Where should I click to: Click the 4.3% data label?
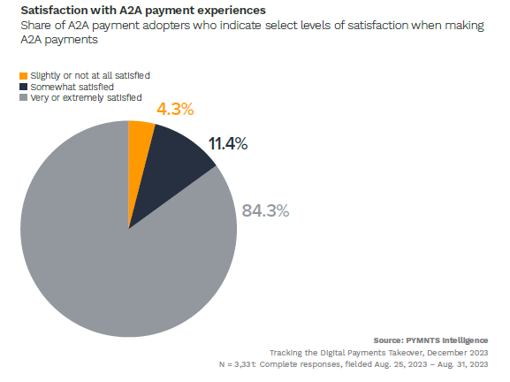click(x=174, y=110)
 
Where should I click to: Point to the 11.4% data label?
click(x=228, y=143)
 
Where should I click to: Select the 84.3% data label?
click(x=265, y=210)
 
